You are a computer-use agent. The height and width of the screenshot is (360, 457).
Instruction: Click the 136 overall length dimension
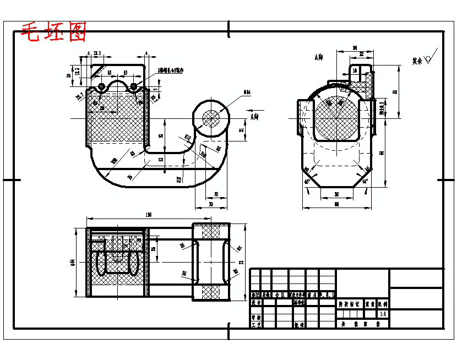pos(148,214)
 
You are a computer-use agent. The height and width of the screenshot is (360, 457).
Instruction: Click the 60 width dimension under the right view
pos(336,205)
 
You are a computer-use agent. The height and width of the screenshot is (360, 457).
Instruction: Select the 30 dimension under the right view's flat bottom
pos(336,194)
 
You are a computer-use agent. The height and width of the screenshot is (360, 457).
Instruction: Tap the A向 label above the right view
pos(318,57)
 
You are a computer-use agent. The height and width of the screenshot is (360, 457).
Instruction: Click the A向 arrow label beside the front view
pos(254,117)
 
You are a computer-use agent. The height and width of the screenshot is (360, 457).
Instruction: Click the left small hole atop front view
pos(102,86)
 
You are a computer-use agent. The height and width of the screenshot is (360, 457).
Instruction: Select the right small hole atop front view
pos(133,86)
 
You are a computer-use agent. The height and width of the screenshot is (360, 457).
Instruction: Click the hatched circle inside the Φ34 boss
pos(211,117)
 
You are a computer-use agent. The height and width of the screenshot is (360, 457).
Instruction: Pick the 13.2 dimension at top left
pos(97,53)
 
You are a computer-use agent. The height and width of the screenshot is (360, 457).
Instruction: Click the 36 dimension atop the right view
pos(355,48)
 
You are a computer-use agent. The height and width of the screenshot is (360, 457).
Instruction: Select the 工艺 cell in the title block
pos(255,325)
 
